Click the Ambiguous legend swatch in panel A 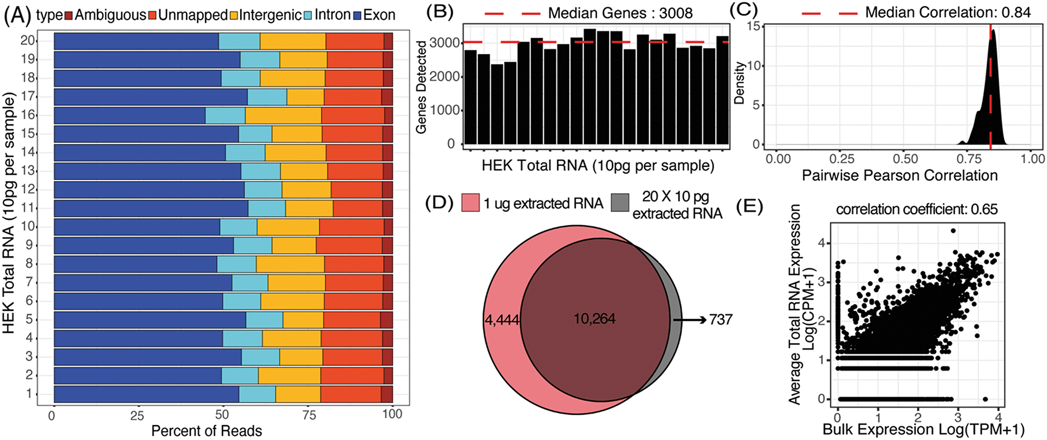click(x=69, y=15)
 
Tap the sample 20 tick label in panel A click(x=27, y=41)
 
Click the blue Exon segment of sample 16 click(x=130, y=116)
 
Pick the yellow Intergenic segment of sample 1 click(x=298, y=394)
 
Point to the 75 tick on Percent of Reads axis click(x=309, y=415)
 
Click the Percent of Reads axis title click(x=207, y=431)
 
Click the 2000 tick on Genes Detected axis click(x=445, y=77)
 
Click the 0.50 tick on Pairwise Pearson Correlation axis click(x=905, y=159)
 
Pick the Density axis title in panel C click(x=740, y=83)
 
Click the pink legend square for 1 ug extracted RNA click(x=471, y=203)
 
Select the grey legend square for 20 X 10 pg click(x=621, y=203)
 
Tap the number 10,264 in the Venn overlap click(x=595, y=319)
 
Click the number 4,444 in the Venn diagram click(x=502, y=319)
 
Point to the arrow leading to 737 click(x=690, y=319)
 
